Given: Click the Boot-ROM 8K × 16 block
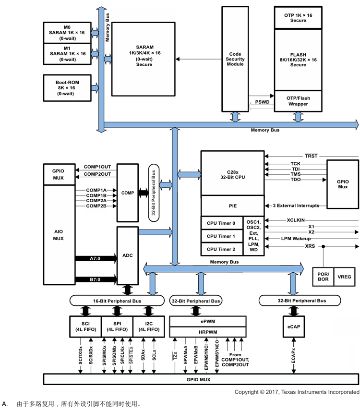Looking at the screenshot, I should coord(67,88).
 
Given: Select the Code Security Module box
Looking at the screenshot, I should coord(235,59).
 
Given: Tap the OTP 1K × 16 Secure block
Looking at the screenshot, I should coord(298,18).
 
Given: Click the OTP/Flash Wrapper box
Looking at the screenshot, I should coord(298,101).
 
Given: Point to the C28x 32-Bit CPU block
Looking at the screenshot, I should coord(232,173).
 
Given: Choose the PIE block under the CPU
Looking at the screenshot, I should coord(232,205).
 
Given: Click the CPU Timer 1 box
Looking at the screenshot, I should coord(221,236).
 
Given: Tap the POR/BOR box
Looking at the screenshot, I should coord(323,277).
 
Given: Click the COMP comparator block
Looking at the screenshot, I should coord(127,193).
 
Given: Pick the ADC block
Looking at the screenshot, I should coord(127,256).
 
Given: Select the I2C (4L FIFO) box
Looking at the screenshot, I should coord(148,326).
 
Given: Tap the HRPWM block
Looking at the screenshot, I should coord(208,332).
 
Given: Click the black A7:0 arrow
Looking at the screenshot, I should coord(96,258).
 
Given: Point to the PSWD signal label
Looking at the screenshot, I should coord(262,102).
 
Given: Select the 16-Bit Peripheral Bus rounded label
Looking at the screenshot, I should coord(117,301).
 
